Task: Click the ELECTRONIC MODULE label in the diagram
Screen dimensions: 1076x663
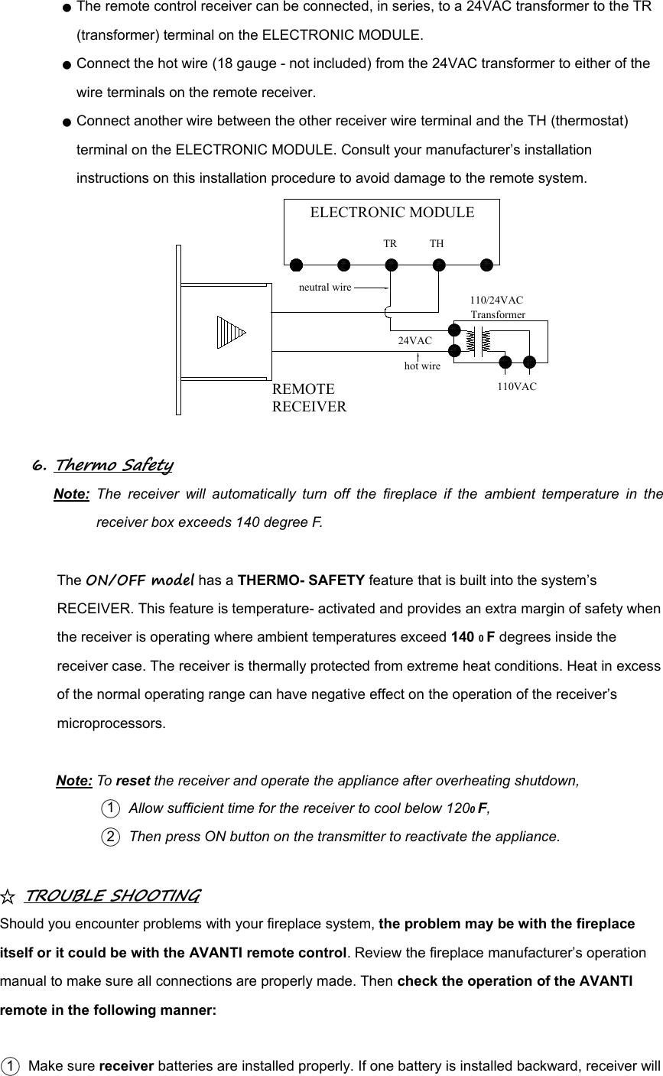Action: click(392, 213)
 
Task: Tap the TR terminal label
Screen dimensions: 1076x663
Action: click(390, 244)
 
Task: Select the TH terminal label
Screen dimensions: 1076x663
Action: click(437, 244)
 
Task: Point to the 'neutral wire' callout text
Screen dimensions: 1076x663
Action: click(325, 288)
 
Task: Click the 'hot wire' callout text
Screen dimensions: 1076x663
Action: click(422, 367)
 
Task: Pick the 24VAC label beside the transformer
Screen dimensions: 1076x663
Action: click(415, 340)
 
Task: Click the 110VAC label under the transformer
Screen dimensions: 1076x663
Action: click(517, 387)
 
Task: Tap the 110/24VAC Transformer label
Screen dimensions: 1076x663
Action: click(497, 307)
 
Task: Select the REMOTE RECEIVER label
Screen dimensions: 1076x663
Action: click(309, 397)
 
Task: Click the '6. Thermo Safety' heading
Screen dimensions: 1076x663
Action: click(102, 465)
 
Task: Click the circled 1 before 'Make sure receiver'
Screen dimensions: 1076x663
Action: click(10, 1067)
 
